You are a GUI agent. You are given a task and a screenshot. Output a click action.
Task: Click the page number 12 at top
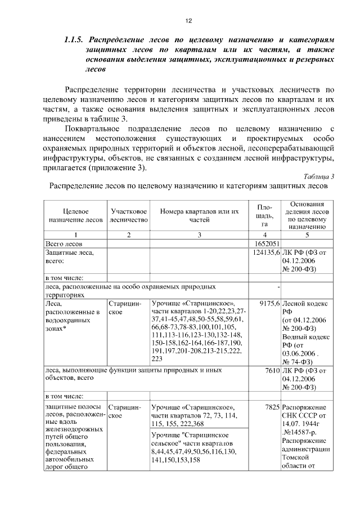[188, 20]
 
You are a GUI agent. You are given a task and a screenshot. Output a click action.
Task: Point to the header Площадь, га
[264, 215]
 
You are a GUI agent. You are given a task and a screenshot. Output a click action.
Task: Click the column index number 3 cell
[199, 234]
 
